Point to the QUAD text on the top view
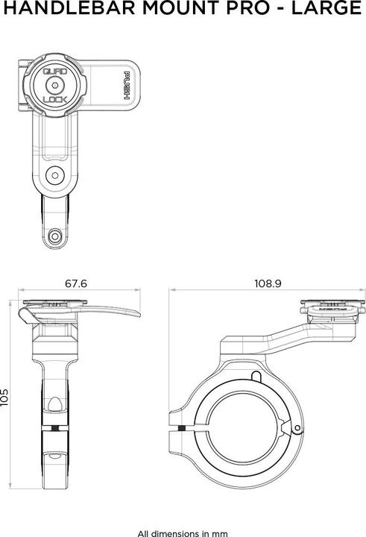[x=55, y=72]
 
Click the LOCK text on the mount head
[x=55, y=98]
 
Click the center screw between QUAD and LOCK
[x=55, y=85]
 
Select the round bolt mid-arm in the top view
[x=54, y=176]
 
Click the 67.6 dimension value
[x=76, y=284]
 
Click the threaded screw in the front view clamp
[x=55, y=430]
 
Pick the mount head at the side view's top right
[x=332, y=308]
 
